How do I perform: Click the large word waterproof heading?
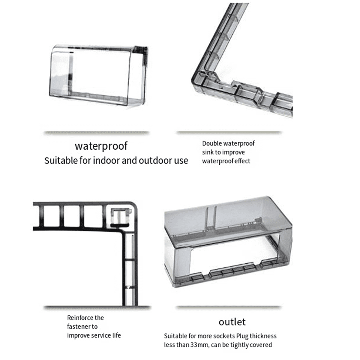point(101,146)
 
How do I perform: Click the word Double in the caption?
point(212,143)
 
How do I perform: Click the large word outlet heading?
point(232,322)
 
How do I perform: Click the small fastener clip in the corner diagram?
point(121,217)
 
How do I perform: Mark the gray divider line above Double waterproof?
point(229,133)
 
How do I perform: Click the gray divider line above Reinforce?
point(97,308)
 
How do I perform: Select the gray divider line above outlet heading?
point(229,307)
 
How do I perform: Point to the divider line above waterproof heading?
point(97,133)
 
